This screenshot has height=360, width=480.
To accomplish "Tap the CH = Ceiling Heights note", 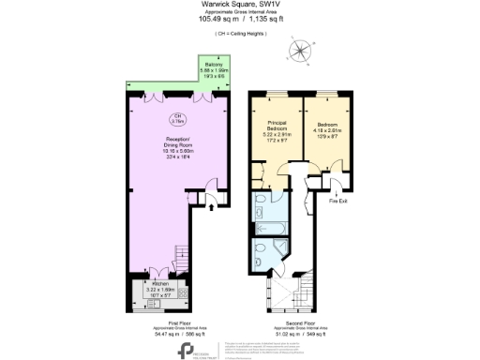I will click(239, 33).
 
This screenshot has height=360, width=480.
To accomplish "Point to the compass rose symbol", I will click(300, 52).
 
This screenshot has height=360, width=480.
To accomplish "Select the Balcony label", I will click(215, 64).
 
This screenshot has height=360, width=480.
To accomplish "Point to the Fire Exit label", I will click(338, 200).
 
